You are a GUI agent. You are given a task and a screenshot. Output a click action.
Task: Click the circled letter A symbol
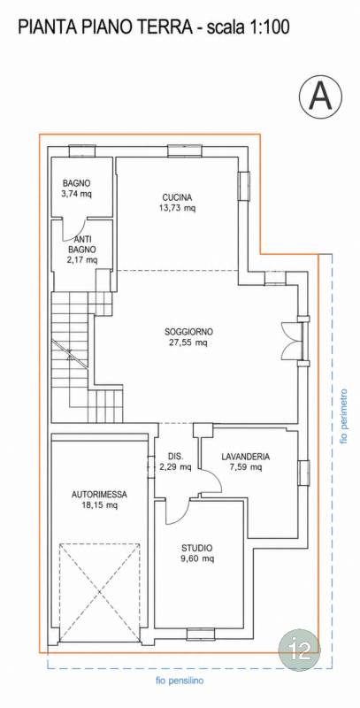coord(320,96)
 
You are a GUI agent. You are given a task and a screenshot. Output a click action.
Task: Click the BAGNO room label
coord(77,184)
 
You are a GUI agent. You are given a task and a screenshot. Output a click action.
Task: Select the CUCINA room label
coord(177,197)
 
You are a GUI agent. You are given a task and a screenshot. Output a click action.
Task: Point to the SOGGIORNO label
coord(188,332)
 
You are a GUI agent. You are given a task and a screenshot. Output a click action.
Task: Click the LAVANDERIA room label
coord(246,457)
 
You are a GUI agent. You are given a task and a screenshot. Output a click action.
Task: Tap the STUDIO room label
coord(196,548)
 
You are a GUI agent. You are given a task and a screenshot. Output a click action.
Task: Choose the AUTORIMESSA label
coord(99,495)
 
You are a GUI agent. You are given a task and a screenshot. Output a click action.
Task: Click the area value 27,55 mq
coord(188,342)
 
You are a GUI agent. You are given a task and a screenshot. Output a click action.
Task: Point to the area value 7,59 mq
coord(246,467)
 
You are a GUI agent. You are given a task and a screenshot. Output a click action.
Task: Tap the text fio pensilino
coord(180,681)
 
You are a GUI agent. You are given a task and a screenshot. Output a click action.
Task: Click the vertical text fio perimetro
coord(345,415)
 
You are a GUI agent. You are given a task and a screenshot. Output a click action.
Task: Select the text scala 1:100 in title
coord(247,28)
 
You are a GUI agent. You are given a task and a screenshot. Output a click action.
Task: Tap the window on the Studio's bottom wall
coord(200,634)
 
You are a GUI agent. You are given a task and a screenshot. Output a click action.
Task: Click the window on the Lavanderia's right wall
coord(303,473)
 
